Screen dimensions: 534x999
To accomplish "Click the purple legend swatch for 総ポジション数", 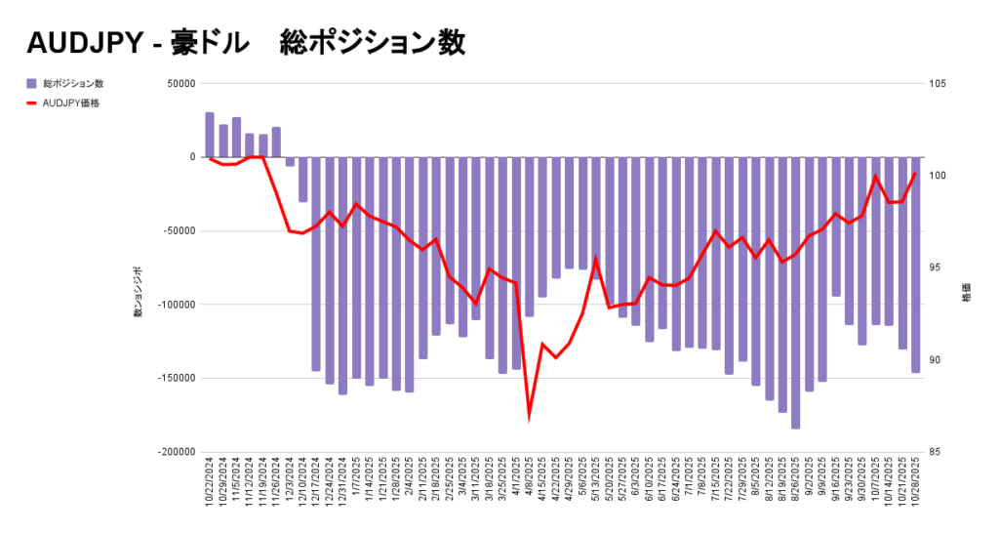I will click(x=31, y=84).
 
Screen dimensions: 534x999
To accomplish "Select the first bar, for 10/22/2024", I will click(x=210, y=135).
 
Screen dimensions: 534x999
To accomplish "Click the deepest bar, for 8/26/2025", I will click(x=795, y=293).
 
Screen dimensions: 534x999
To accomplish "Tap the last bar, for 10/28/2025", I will click(x=915, y=264).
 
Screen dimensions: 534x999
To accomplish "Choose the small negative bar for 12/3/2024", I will click(x=290, y=161).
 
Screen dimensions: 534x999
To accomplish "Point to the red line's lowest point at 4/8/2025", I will click(x=530, y=415).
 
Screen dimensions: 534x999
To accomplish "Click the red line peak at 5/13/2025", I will click(x=596, y=260).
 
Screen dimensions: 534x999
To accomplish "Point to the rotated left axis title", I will click(x=139, y=292).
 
